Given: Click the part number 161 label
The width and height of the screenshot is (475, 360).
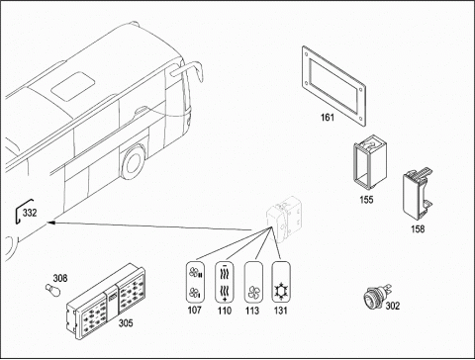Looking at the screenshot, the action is point(328,117).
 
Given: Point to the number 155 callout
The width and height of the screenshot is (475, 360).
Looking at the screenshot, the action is point(366,200).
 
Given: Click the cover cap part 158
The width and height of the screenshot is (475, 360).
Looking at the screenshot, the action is point(417,194).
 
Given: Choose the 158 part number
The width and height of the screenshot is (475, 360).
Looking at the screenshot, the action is point(418,228).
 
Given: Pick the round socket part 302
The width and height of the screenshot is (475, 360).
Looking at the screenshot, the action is point(376,296).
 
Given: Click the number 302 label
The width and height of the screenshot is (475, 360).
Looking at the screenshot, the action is point(393,306).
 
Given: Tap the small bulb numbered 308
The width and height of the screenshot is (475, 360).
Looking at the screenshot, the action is point(53,290).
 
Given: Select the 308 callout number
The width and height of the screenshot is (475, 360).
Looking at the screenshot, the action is point(60,279).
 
